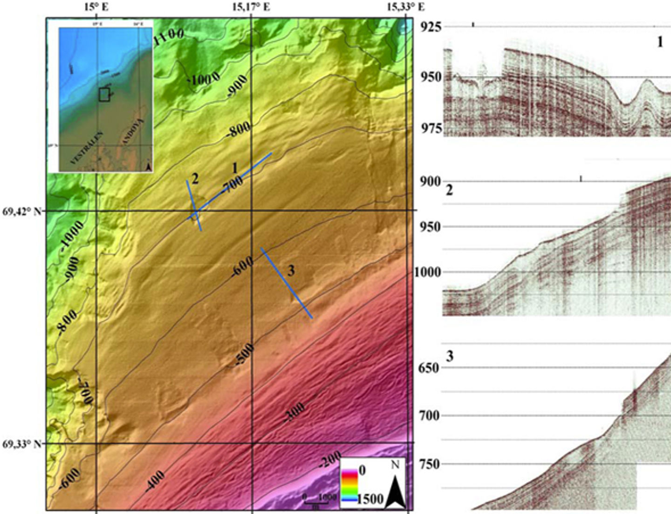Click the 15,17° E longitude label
tap(251, 7)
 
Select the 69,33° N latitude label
tap(21, 444)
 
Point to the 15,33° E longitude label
tap(406, 7)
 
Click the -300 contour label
tap(295, 413)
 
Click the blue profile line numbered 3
tap(286, 283)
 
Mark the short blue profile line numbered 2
tap(194, 206)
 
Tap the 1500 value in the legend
tap(370, 499)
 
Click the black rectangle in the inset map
tap(104, 95)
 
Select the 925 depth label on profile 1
tap(431, 27)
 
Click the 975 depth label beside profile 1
tap(431, 128)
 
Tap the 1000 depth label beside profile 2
tap(427, 272)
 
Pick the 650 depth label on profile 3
tap(429, 368)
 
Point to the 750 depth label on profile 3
tap(429, 464)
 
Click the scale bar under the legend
tap(318, 502)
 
